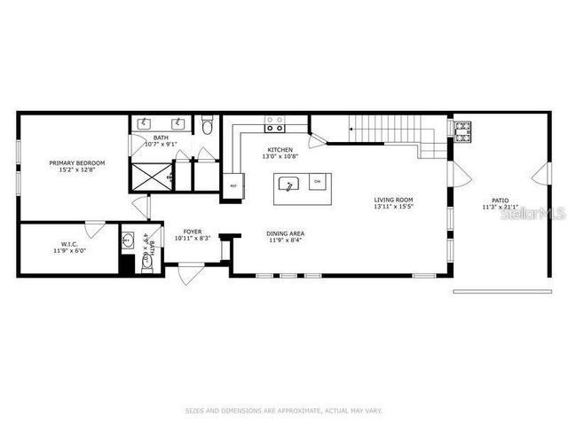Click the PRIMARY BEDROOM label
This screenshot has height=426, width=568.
point(77,163)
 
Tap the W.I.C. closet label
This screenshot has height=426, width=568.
point(71,243)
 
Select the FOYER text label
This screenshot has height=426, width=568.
point(192,230)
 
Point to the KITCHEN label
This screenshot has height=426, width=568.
point(280,149)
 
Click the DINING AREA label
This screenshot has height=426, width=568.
point(285,233)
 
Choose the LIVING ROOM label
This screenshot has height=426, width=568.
point(393,200)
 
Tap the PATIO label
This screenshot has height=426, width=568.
point(501,200)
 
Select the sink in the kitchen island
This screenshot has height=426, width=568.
point(288,185)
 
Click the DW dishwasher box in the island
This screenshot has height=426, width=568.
point(317,183)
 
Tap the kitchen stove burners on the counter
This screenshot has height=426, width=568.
point(275,123)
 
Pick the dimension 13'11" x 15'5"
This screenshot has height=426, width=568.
point(393,207)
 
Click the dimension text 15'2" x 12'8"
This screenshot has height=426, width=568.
point(77,170)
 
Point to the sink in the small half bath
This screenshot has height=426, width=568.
point(129,241)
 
